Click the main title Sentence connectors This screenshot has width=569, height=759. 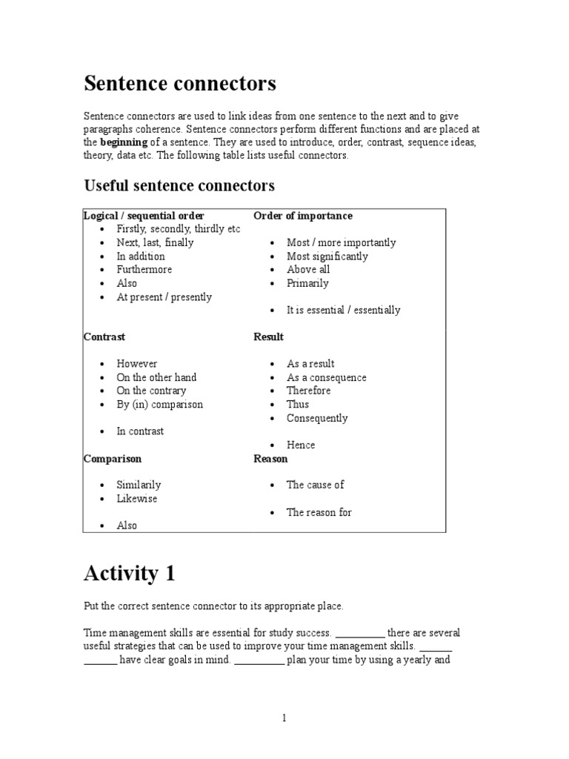pos(180,84)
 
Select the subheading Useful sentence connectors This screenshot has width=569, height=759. pos(179,185)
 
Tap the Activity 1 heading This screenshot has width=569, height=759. pos(130,573)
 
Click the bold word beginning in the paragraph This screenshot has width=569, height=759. pos(124,142)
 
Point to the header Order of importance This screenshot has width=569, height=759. pos(303,216)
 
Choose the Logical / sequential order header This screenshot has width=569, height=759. pos(144,216)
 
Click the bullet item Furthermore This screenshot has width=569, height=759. pos(144,270)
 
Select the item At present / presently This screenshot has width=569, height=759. pos(164,297)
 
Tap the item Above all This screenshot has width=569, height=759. pos(308,270)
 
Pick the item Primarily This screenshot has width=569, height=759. pos(307,283)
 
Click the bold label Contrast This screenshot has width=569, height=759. pos(104,337)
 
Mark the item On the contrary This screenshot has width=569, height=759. pos(151,391)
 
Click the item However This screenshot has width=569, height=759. pos(137,364)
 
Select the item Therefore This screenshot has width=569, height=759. pos(309,391)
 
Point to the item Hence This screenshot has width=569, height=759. pos(301,445)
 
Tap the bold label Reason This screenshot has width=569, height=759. pos(270,459)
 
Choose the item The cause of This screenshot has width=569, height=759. pos(316,485)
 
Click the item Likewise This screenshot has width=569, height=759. pos(137,499)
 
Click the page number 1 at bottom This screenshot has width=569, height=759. pos(284,717)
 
